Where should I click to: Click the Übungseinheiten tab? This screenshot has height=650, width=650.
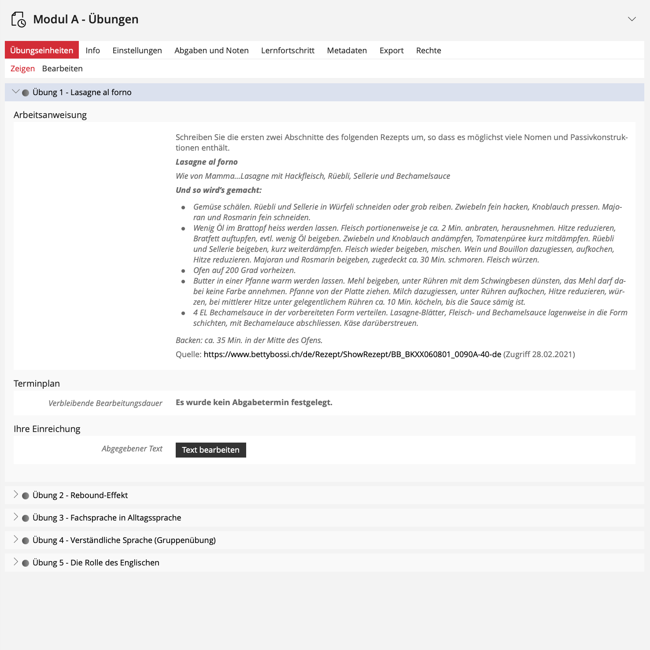[42, 50]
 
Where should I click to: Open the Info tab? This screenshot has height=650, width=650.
[93, 50]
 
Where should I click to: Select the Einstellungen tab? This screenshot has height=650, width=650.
[137, 50]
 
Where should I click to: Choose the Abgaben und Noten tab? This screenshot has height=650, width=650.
[211, 50]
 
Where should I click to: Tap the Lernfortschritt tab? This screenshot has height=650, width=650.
[288, 50]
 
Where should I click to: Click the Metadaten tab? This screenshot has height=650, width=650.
[347, 50]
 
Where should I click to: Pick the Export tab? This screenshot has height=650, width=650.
[391, 50]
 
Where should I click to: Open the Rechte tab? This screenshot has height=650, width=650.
[428, 50]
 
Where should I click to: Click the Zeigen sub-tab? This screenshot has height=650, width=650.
[22, 68]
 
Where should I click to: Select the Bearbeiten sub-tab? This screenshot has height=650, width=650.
[62, 68]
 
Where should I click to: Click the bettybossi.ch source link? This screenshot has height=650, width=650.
[352, 354]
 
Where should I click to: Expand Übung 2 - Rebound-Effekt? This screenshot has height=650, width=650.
[80, 495]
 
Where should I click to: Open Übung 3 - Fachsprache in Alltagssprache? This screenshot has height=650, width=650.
[107, 517]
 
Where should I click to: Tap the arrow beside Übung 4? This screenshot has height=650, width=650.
[16, 539]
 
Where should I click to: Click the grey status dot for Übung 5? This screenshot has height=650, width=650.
[26, 563]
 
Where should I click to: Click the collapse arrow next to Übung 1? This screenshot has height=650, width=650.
[16, 92]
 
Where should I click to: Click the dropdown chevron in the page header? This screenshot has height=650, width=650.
[632, 19]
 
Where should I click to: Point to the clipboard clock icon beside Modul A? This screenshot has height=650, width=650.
[18, 19]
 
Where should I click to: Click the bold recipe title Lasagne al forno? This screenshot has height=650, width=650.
[207, 162]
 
